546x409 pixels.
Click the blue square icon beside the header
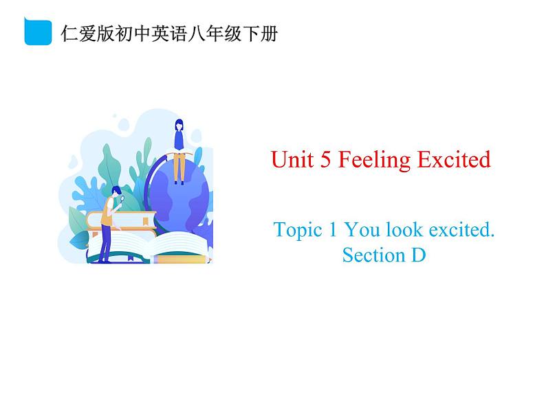pos(38,32)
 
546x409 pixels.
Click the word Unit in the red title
pos(292,160)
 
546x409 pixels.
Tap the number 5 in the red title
pos(325,160)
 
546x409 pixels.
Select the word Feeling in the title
pos(375,161)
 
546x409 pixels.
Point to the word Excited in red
pos(454,160)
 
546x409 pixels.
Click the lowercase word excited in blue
pos(461,230)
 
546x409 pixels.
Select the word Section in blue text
pos(374,255)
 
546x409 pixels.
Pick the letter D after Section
pos(419,255)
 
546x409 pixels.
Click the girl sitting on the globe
pos(179,152)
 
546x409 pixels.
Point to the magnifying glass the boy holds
pos(122,200)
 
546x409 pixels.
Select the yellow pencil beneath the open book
pos(181,259)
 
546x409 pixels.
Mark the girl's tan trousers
pos(179,167)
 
